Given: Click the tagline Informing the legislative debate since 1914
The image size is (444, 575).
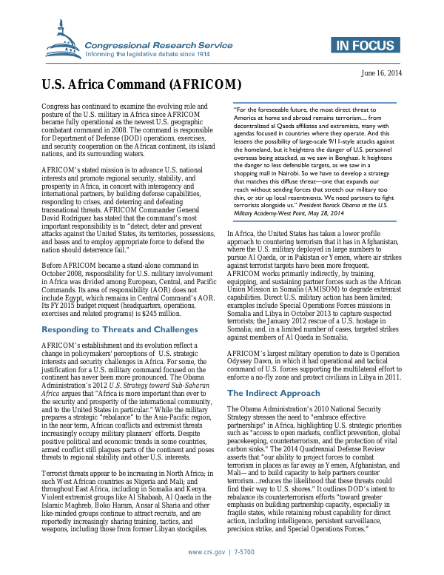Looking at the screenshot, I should coord(148,54).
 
